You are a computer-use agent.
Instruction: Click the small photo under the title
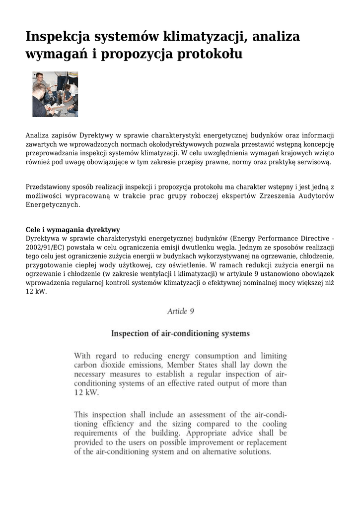[55, 94]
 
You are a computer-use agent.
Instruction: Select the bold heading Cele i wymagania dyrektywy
[72, 230]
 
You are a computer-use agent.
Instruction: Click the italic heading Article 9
[180, 312]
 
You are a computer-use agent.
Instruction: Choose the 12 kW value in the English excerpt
[86, 392]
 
